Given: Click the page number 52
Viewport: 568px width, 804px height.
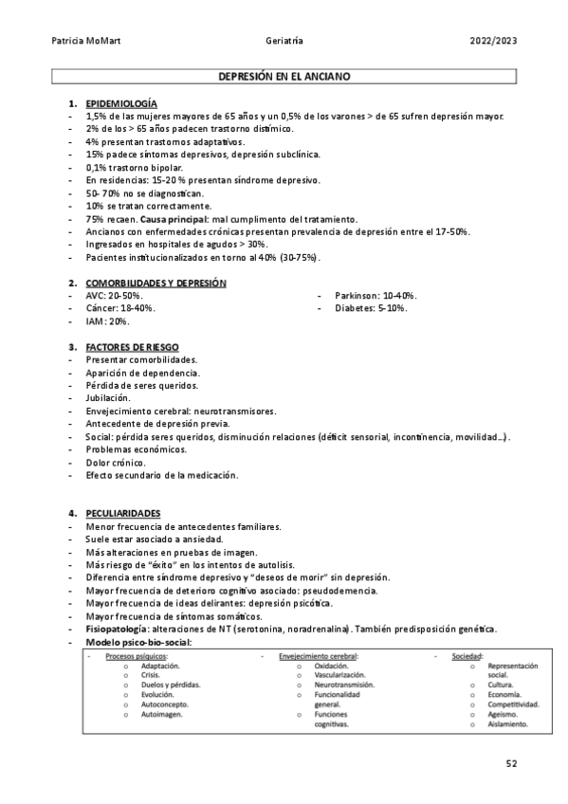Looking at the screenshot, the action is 512,762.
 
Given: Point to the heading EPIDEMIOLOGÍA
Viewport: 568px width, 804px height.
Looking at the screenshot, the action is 121,102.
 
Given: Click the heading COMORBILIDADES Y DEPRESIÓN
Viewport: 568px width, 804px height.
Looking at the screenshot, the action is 156,283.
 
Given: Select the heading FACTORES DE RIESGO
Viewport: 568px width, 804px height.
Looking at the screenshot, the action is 132,347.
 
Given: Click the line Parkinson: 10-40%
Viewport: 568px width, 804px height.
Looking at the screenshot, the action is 376,296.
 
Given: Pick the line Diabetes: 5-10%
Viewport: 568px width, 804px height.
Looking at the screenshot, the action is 371,308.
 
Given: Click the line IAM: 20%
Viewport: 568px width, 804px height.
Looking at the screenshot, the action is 107,321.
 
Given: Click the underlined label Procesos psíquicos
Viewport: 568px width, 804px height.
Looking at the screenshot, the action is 137,655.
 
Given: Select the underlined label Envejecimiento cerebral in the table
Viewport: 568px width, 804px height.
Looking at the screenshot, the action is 318,655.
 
